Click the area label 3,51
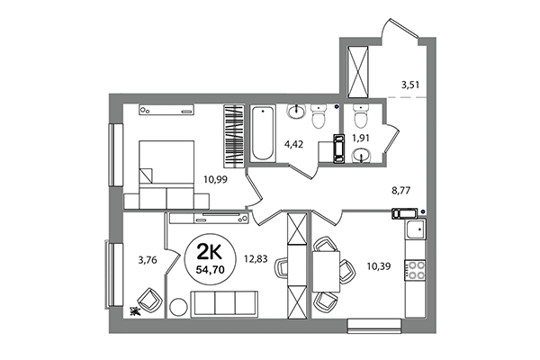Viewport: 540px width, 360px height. [x=411, y=86]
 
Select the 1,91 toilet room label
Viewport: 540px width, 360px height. [x=361, y=139]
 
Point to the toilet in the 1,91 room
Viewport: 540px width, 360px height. [x=362, y=117]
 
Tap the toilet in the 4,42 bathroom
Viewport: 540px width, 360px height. [x=318, y=116]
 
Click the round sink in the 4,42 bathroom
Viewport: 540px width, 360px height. [x=296, y=112]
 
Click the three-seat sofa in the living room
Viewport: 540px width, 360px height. [x=221, y=303]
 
